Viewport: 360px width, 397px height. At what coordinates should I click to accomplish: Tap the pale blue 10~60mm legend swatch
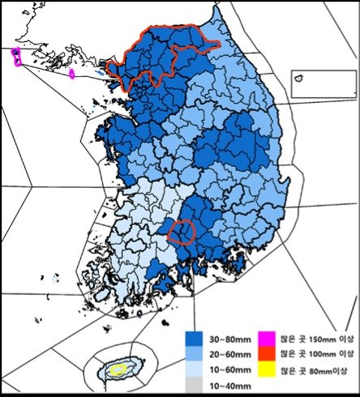pyautogui.click(x=193, y=368)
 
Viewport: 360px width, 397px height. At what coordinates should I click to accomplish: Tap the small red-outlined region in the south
pyautogui.click(x=182, y=232)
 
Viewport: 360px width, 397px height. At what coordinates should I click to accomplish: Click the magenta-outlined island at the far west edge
pyautogui.click(x=16, y=56)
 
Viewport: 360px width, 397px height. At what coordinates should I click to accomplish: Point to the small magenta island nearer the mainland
pyautogui.click(x=72, y=74)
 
